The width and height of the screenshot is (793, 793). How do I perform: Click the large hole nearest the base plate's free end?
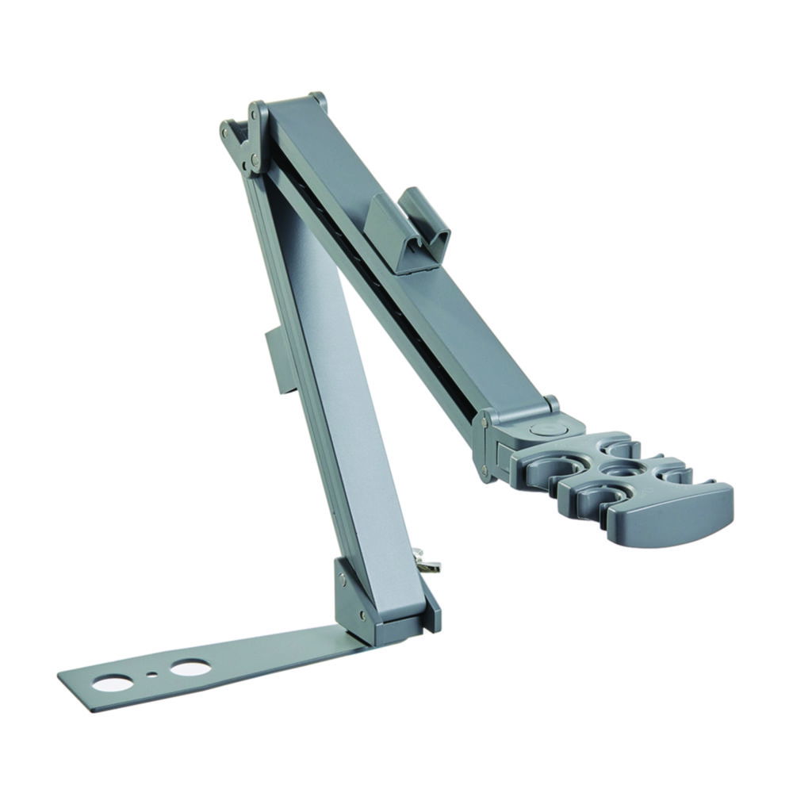click(113, 682)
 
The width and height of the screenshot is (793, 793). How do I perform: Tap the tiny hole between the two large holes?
click(151, 676)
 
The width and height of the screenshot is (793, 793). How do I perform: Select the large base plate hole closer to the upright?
click(190, 668)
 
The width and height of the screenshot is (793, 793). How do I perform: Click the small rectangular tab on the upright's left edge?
click(278, 362)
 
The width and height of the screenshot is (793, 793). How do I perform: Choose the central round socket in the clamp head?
click(615, 469)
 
